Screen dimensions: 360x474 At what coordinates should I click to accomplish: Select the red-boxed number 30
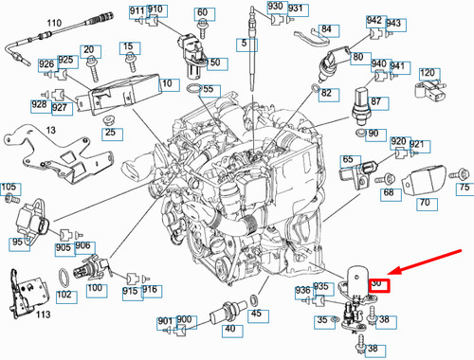(x=376, y=282)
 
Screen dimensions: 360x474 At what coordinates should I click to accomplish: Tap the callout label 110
(x=27, y=21)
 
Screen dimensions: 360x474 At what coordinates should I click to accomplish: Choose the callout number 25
(x=110, y=132)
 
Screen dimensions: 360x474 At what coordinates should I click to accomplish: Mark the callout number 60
(x=202, y=13)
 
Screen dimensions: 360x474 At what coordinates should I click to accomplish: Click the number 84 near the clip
(x=326, y=29)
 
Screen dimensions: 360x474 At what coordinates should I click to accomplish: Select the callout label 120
(x=428, y=73)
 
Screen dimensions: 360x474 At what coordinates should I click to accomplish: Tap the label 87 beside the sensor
(x=376, y=101)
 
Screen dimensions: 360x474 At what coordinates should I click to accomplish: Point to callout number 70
(x=425, y=203)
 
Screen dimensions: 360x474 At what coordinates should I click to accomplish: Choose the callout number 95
(x=18, y=243)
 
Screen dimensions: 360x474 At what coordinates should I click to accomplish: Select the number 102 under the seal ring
(x=64, y=295)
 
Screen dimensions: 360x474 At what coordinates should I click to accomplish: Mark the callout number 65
(x=349, y=160)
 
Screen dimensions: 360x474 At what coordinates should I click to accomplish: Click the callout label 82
(x=326, y=94)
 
